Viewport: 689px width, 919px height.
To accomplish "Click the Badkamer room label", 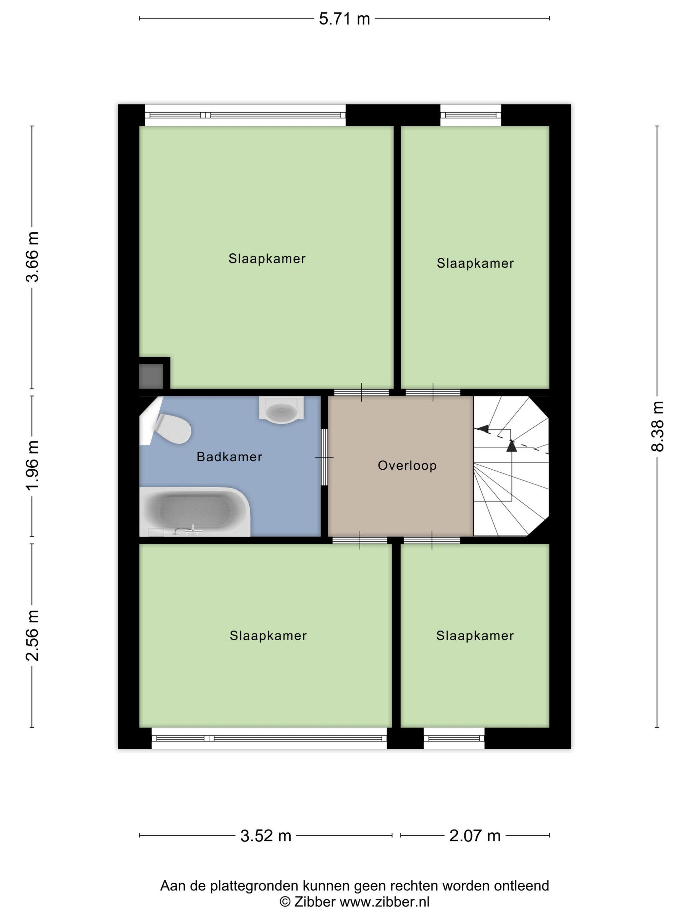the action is [229, 457].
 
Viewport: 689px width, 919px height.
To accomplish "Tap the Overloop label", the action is [407, 466].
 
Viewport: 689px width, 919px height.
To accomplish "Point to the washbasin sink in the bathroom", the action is [281, 410].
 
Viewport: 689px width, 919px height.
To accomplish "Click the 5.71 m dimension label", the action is [344, 19].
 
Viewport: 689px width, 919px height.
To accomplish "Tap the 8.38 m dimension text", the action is [658, 426].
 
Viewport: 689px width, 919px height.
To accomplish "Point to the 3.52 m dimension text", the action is [266, 836].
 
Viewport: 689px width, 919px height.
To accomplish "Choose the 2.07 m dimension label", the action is [475, 836].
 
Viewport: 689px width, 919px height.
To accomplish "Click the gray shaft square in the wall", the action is [151, 376].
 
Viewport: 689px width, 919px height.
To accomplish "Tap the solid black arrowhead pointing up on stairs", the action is [512, 446].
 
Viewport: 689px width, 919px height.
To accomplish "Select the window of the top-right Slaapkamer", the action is [470, 115].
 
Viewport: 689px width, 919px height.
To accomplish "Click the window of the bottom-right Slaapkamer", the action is [454, 738].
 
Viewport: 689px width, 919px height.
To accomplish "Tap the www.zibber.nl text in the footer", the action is [385, 902].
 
